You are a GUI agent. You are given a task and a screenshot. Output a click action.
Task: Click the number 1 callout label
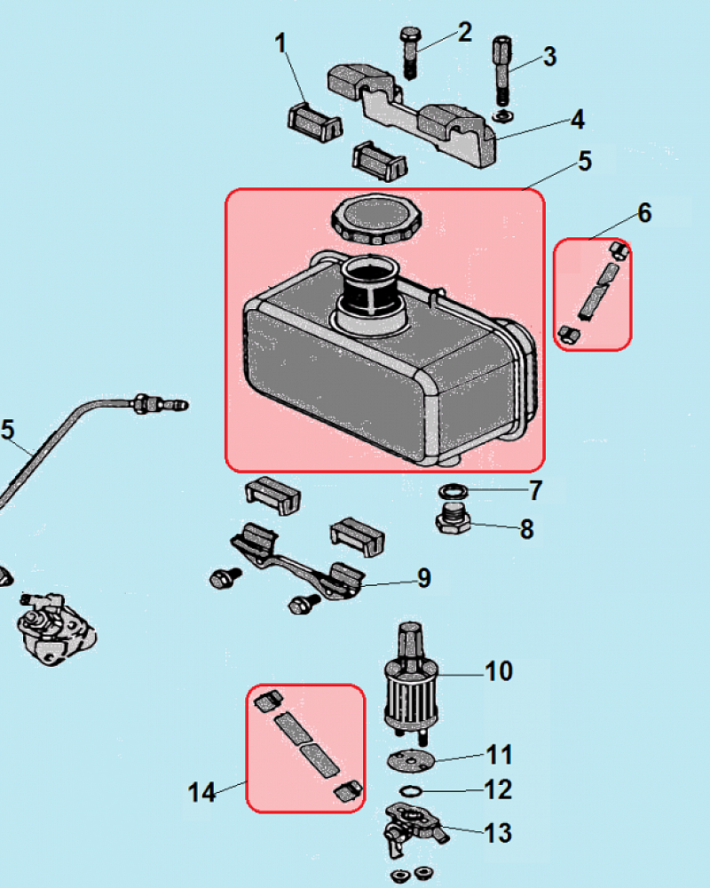283,43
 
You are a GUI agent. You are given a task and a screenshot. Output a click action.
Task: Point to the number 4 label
577,119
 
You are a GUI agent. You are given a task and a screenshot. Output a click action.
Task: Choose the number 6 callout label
644,213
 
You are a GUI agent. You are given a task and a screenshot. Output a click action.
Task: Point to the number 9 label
424,579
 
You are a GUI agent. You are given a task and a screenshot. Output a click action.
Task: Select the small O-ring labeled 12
410,789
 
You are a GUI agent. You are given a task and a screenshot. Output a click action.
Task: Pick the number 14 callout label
202,792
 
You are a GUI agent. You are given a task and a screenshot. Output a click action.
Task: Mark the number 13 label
497,833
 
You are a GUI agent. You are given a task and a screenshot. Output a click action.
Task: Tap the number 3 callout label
549,57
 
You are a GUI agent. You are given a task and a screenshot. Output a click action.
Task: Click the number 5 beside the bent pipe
8,431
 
